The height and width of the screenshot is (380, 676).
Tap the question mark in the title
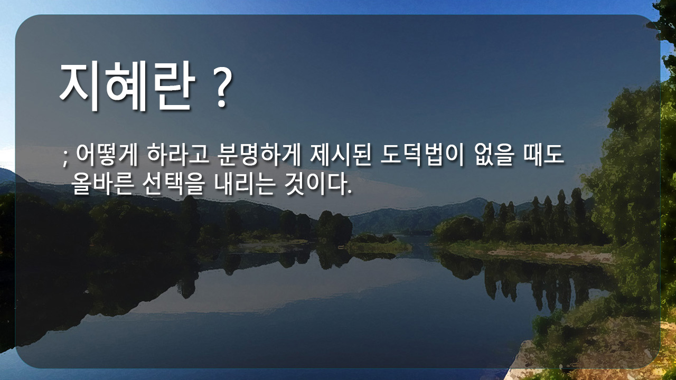point(222,88)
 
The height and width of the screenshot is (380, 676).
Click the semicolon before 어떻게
point(65,158)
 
